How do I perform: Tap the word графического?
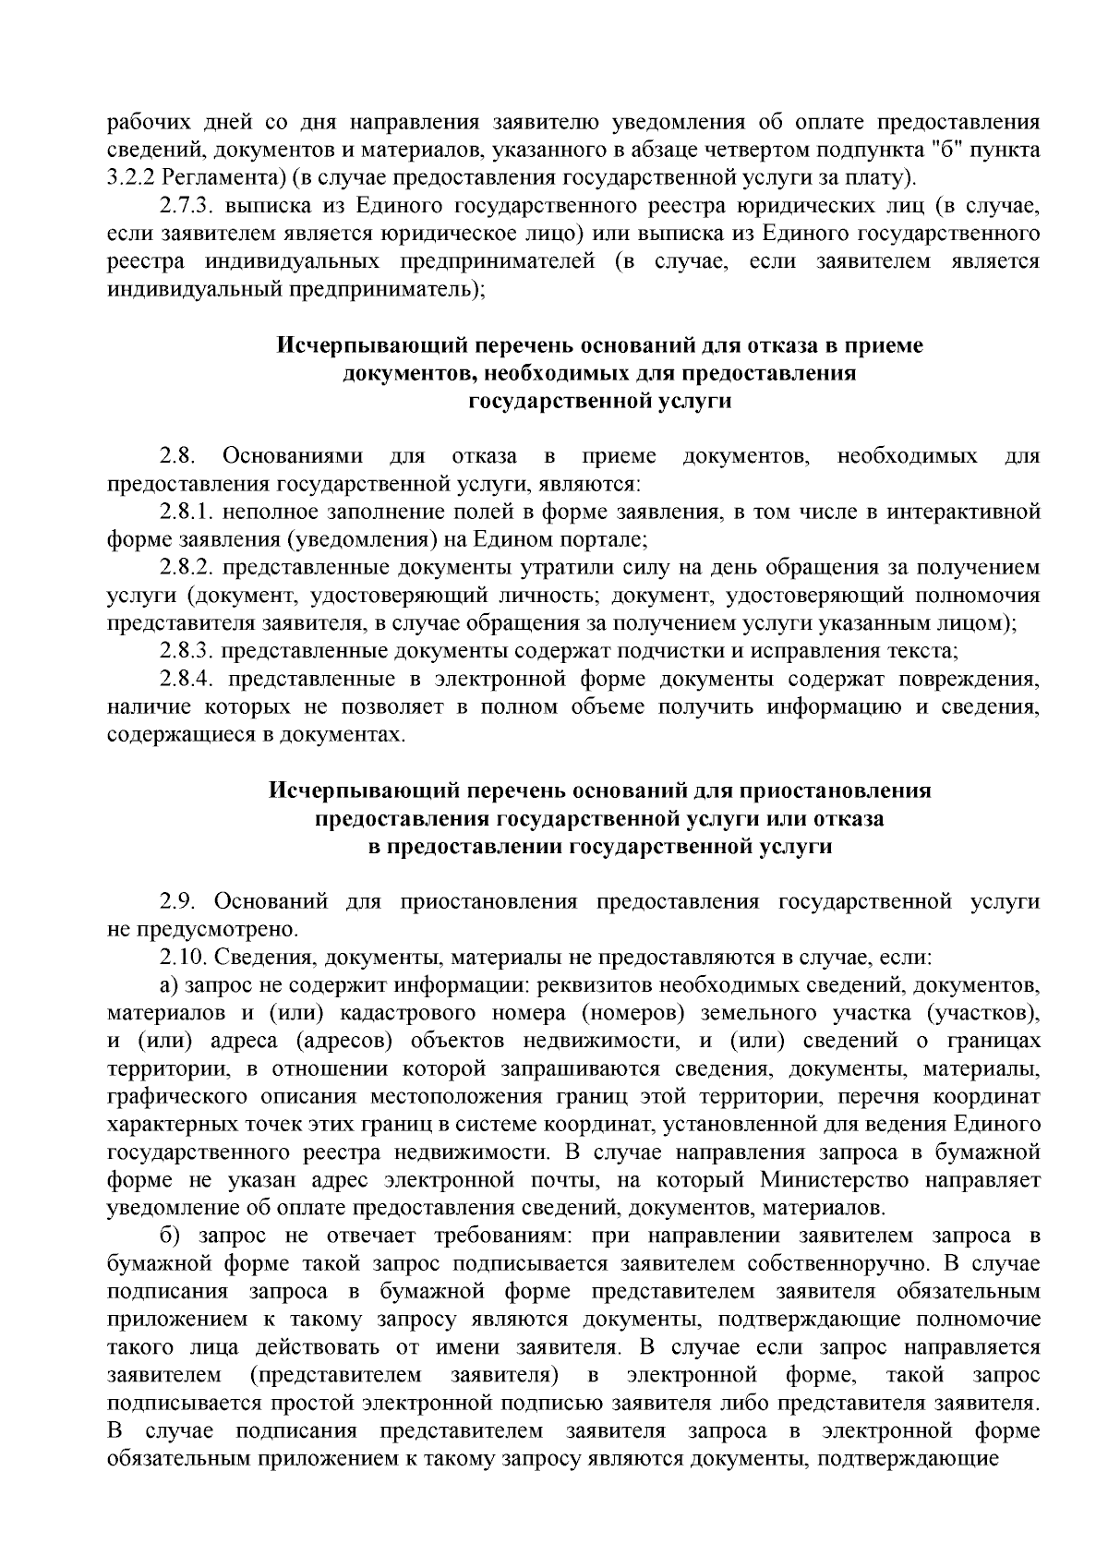pos(183,1097)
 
